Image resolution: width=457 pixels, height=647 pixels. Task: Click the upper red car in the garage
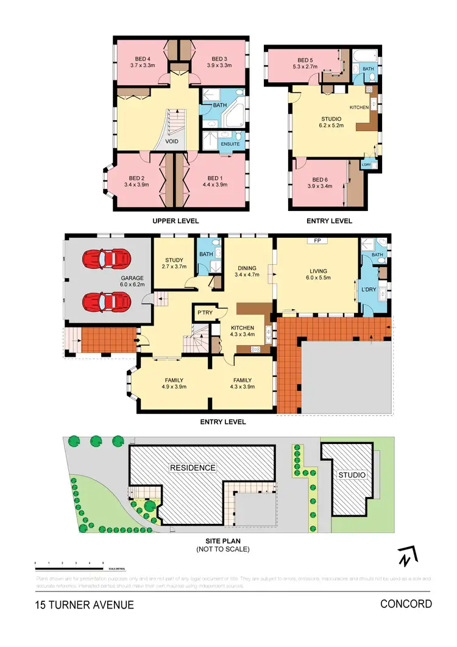pyautogui.click(x=108, y=259)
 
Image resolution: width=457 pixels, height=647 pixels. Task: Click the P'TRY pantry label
pyautogui.click(x=203, y=313)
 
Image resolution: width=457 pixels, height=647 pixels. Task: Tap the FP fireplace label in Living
pyautogui.click(x=317, y=241)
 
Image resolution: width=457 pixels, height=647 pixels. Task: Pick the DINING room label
pyautogui.click(x=247, y=271)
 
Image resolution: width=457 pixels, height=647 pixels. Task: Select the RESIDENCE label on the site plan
pyautogui.click(x=193, y=468)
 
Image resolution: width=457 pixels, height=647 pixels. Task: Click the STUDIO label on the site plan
pyautogui.click(x=352, y=474)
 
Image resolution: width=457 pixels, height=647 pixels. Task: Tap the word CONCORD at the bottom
pyautogui.click(x=406, y=604)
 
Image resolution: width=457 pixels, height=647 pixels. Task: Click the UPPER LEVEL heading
pyautogui.click(x=175, y=221)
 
